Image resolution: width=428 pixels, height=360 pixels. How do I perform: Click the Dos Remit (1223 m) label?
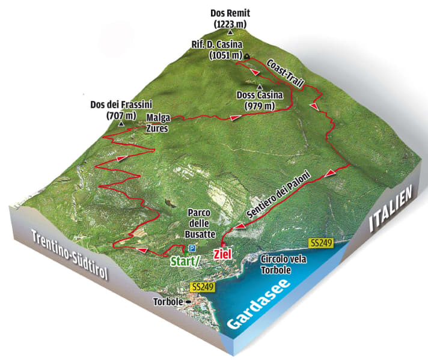click(x=230, y=18)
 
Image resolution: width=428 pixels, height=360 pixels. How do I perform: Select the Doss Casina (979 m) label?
click(x=260, y=101)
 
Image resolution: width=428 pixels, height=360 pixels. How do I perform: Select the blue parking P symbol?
click(x=192, y=248)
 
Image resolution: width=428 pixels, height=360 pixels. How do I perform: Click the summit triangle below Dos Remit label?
click(x=230, y=31)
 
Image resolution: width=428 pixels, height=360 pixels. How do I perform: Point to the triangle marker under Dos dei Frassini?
click(x=121, y=124)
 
